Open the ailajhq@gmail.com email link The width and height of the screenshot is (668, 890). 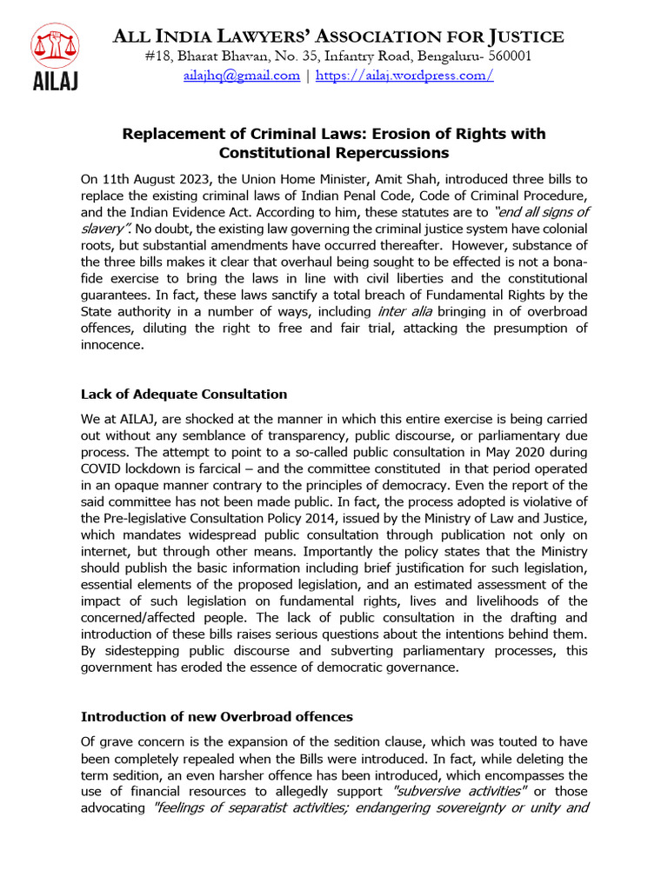(241, 76)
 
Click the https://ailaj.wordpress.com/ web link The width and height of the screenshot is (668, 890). (404, 76)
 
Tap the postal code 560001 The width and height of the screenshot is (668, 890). (504, 56)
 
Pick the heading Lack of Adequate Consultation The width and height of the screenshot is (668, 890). (184, 395)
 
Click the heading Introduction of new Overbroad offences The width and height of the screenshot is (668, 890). (217, 716)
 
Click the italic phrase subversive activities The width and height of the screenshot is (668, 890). (460, 791)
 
